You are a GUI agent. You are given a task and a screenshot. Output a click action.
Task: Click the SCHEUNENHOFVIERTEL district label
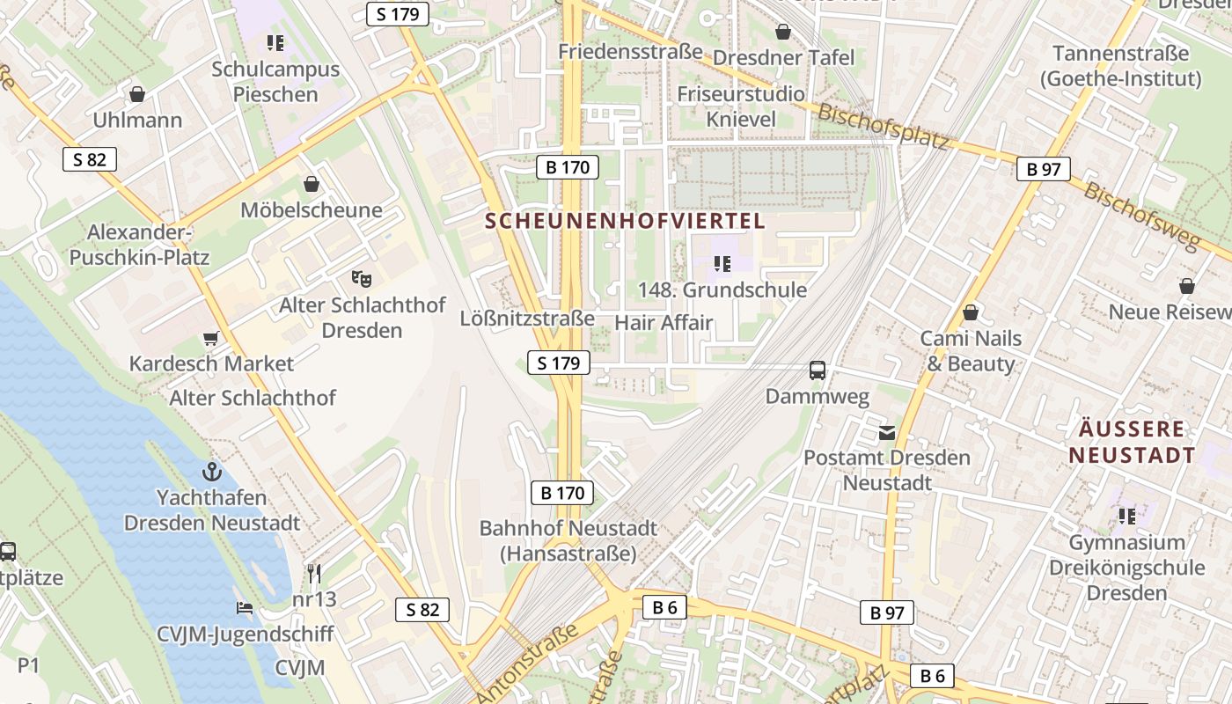626,221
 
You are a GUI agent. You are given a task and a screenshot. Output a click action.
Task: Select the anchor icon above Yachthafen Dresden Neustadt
211,471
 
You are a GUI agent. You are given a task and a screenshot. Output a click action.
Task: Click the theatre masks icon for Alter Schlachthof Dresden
361,278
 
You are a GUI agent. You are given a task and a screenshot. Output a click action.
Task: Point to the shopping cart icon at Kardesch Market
210,338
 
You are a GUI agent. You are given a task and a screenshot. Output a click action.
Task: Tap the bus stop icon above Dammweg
818,370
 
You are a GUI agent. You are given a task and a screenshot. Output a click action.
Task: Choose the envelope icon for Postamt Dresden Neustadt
886,432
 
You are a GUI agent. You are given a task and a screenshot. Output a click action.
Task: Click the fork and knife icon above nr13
314,574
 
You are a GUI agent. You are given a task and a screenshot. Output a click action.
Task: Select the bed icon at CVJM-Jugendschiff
245,608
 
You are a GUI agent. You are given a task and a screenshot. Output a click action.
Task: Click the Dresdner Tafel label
783,57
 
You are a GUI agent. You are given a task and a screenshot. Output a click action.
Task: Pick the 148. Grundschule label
722,290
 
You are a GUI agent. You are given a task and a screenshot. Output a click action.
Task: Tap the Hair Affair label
664,322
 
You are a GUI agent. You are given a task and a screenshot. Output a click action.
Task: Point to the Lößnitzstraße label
527,318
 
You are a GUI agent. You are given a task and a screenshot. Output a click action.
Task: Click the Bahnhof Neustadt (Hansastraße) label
568,541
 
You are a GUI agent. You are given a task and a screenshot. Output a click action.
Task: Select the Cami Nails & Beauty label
971,350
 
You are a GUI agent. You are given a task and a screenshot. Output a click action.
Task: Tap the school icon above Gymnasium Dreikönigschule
1127,516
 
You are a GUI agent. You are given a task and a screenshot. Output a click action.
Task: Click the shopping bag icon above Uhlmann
137,94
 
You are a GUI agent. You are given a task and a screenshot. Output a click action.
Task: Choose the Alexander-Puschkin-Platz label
139,245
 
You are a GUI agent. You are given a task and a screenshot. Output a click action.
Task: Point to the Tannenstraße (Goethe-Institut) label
1120,66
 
